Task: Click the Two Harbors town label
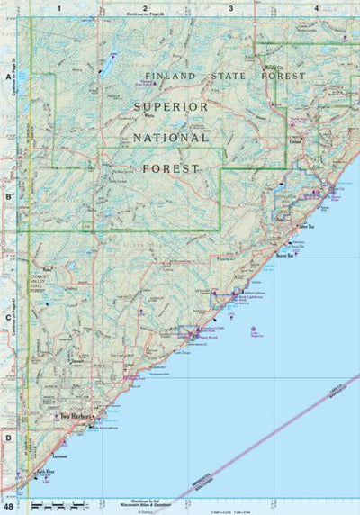pos(76,417)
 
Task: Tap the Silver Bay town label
pos(305,228)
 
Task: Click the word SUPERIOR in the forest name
pos(170,106)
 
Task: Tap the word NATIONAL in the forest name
pos(171,138)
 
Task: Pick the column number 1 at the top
pos(59,8)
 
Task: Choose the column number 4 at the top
pos(316,8)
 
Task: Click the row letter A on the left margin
pos(8,77)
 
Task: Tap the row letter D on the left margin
pos(8,438)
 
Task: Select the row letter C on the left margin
pos(8,317)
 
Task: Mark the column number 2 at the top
pos(144,8)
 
